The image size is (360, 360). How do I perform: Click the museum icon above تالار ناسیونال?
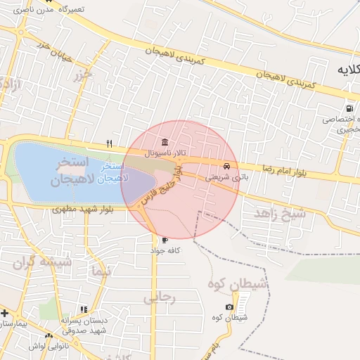click(x=164, y=143)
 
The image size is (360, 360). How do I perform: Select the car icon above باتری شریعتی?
click(x=226, y=167)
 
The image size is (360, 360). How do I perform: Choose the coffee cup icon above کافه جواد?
click(x=165, y=240)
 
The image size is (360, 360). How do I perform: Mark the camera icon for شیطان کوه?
click(x=230, y=307)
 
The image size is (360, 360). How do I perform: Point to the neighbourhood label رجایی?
click(x=159, y=298)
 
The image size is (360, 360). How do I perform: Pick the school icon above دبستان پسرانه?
click(x=84, y=309)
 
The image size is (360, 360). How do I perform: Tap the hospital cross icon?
click(x=4, y=312)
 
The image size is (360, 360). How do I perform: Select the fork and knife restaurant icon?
click(x=109, y=143)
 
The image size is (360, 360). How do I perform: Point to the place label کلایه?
click(x=345, y=70)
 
